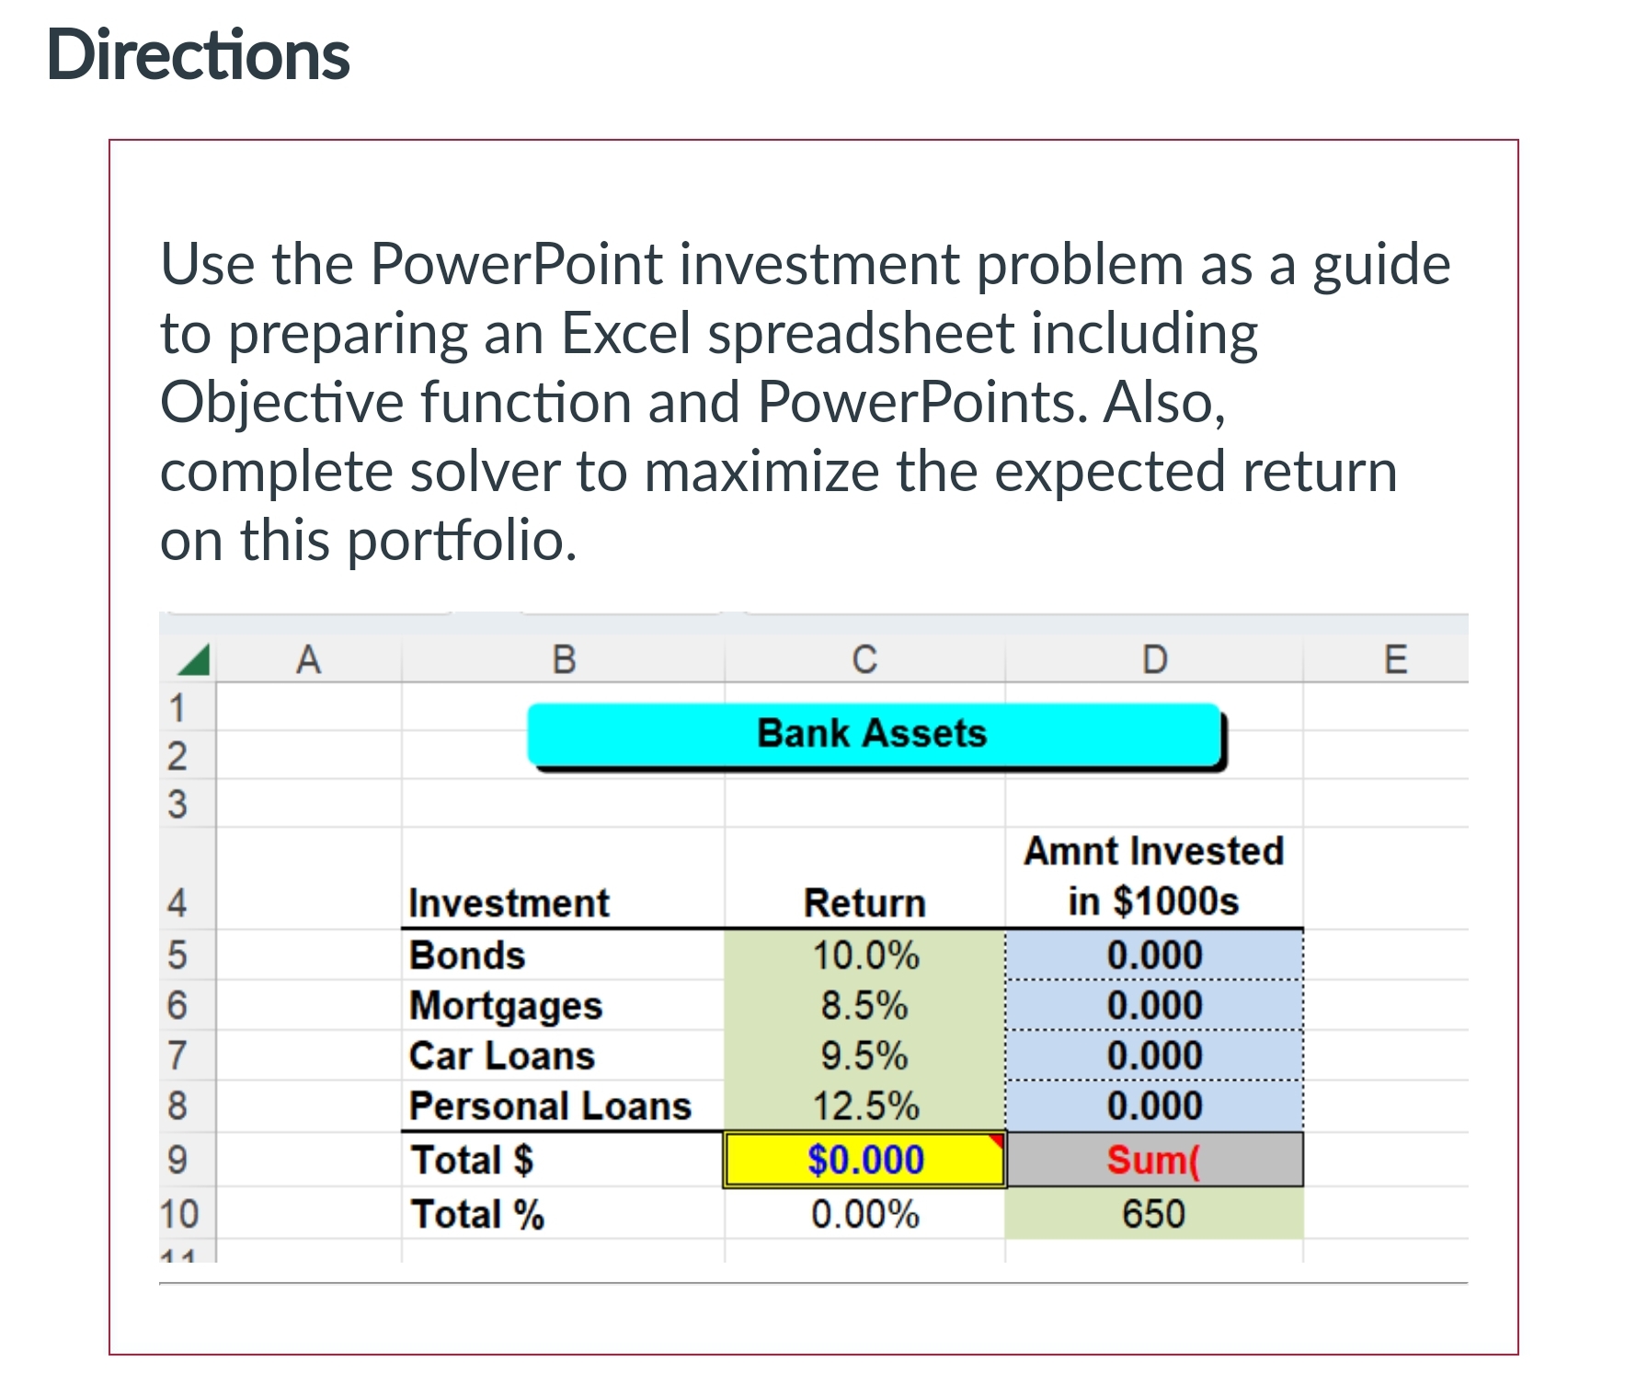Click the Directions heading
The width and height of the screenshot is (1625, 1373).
[x=198, y=55]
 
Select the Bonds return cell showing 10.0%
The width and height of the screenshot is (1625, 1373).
[x=864, y=955]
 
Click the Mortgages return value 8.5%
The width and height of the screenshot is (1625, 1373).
[x=864, y=1005]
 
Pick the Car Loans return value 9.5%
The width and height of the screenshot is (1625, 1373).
[x=864, y=1056]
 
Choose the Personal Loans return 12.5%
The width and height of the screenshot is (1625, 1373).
[x=864, y=1105]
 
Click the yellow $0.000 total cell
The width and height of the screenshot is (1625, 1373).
[x=864, y=1160]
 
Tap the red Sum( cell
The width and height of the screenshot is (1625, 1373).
[x=1153, y=1160]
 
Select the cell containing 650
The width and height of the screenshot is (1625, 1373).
[x=1153, y=1214]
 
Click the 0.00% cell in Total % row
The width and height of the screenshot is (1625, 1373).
[x=864, y=1214]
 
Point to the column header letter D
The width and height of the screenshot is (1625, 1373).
[x=1154, y=659]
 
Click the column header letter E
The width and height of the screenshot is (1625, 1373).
[x=1394, y=659]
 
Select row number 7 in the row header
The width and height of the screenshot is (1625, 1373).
[x=177, y=1056]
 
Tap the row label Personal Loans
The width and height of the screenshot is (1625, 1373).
[x=550, y=1105]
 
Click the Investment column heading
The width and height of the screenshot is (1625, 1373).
[x=509, y=903]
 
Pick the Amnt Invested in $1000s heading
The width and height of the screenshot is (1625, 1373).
[x=1153, y=875]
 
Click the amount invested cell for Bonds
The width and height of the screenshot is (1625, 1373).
[x=1153, y=955]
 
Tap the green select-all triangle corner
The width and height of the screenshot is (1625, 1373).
[x=195, y=659]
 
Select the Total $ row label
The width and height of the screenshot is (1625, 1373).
[x=472, y=1160]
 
